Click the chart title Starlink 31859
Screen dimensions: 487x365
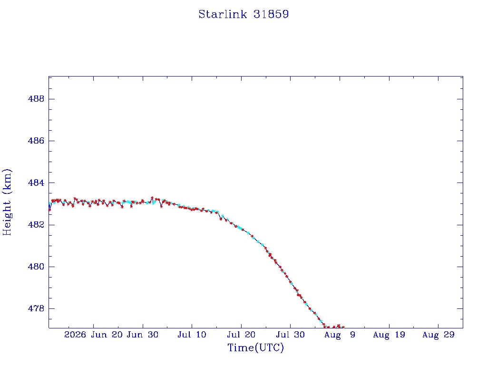[x=243, y=14]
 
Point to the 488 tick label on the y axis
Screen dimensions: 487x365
[x=36, y=99]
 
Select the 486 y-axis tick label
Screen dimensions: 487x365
[x=36, y=141]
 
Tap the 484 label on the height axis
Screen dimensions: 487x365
[x=36, y=183]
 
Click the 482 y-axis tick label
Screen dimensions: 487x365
[x=36, y=225]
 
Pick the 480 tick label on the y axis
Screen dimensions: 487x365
[x=36, y=267]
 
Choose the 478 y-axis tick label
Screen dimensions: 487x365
[x=36, y=308]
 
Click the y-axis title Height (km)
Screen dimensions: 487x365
[x=7, y=202]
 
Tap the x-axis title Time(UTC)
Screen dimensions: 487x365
[x=255, y=347]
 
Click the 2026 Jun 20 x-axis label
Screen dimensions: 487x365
[x=94, y=335]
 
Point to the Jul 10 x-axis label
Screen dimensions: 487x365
[x=192, y=335]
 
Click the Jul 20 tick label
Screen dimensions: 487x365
[x=241, y=335]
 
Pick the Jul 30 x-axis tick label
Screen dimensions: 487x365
[x=291, y=335]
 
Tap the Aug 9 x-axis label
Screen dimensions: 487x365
[x=340, y=335]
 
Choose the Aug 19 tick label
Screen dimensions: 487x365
[x=389, y=335]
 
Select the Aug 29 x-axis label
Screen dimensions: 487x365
[x=438, y=335]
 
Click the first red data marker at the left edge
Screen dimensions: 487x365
[x=49, y=210]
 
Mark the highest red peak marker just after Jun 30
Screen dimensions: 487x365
[x=152, y=198]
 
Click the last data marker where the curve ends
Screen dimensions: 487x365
[x=343, y=327]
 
